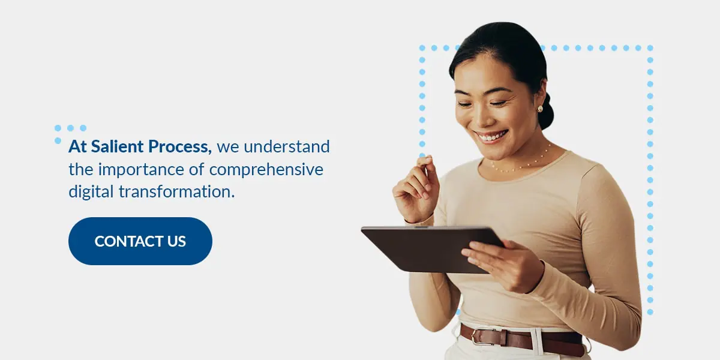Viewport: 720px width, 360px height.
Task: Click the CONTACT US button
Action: click(x=140, y=241)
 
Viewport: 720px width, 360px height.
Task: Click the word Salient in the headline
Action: click(x=117, y=146)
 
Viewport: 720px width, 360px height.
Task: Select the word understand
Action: click(x=287, y=146)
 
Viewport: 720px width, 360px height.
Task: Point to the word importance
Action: click(x=143, y=170)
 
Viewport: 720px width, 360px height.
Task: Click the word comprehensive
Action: click(x=266, y=170)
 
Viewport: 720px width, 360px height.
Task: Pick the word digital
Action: click(x=91, y=192)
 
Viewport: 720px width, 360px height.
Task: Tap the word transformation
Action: click(x=176, y=191)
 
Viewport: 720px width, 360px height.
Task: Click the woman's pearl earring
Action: click(x=539, y=109)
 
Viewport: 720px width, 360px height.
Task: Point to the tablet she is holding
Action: click(x=433, y=249)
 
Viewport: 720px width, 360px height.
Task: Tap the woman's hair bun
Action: click(x=547, y=111)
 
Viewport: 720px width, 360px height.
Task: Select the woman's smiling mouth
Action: click(x=491, y=137)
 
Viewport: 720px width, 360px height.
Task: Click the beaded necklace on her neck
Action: click(x=521, y=163)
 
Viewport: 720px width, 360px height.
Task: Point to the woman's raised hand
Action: click(x=416, y=188)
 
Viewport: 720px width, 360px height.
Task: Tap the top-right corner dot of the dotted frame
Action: click(x=650, y=48)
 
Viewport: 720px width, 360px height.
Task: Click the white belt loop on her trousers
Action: click(x=536, y=341)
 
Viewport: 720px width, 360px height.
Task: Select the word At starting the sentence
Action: click(x=77, y=146)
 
